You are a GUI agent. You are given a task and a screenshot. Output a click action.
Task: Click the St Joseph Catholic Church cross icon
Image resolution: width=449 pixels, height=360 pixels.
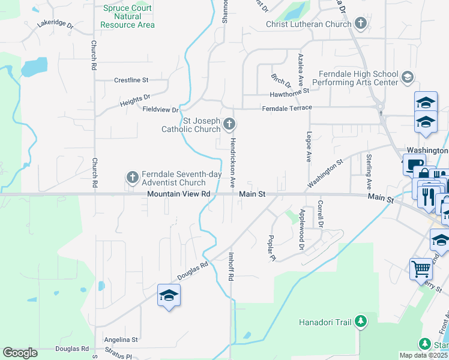pos(229,124)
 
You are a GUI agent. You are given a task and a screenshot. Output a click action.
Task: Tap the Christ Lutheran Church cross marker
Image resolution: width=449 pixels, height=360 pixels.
pos(361,24)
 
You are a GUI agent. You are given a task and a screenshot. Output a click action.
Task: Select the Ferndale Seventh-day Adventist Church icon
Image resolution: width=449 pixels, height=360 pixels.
pos(132,177)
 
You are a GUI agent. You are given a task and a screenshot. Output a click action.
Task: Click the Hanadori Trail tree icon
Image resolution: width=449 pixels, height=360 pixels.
pos(360,322)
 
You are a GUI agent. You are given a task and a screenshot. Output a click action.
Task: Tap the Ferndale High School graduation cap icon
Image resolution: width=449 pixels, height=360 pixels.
pos(408,77)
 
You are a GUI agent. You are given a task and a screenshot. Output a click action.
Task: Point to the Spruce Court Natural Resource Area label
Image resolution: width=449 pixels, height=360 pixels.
pos(127,17)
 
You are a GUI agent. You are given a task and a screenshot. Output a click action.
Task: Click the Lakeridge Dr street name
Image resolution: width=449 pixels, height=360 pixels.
pos(55,25)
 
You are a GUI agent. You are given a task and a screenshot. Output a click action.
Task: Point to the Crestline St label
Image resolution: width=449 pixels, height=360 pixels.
pos(131,80)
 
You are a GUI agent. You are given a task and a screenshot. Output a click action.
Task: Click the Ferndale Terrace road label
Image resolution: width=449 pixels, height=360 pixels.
pos(287,108)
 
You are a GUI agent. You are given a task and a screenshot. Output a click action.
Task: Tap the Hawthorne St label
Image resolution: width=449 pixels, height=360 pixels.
pos(289,91)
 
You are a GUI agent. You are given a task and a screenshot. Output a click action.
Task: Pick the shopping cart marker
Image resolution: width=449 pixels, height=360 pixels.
pos(421,268)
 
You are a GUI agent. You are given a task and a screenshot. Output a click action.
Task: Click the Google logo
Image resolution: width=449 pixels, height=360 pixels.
pos(20,353)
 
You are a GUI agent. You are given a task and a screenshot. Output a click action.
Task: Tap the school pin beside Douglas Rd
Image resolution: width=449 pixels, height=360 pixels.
pos(169,295)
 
